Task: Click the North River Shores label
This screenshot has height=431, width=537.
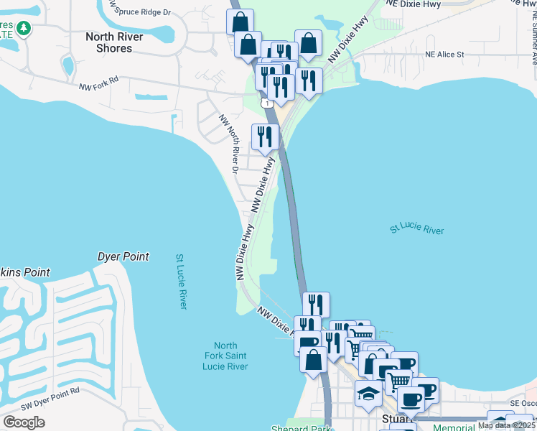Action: coord(114,42)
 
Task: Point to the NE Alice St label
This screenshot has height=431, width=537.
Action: coord(444,54)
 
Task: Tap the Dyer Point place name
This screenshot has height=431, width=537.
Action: coord(123,256)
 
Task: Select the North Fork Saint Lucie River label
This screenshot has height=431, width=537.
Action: coord(225,356)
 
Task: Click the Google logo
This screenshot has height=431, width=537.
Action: coord(24,422)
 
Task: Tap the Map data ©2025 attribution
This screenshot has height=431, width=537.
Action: coord(506,425)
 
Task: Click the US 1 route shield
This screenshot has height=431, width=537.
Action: coord(268,104)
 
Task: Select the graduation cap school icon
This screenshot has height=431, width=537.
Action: coord(368,394)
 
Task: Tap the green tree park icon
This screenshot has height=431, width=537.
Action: coord(24,29)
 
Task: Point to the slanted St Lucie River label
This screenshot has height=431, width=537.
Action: coord(416,229)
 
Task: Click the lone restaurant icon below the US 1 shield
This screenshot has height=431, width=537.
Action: coord(264,136)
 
